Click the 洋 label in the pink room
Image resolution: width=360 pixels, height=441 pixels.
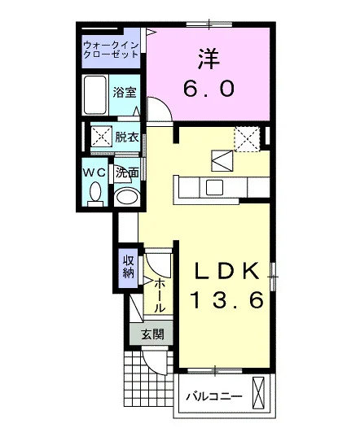pos(209,59)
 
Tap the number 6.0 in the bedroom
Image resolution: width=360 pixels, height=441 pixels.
pos(209,88)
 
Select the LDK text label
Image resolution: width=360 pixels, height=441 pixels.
pos(227,271)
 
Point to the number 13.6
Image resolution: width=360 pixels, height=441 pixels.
pos(227,299)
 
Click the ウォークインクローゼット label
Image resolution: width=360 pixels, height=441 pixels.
pos(112,50)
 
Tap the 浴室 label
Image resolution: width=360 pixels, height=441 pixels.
pos(125,92)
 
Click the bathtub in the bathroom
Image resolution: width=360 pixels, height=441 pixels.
pos(94,94)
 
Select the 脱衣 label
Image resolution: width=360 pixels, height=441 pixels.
pos(127,137)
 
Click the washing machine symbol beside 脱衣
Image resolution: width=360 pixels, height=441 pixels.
pos(101,137)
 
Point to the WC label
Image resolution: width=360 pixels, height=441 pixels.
pos(94,172)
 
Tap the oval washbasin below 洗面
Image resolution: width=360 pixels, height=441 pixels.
pos(127,197)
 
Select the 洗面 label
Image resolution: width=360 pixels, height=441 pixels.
pos(128,173)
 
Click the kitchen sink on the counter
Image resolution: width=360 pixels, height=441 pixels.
pos(214,187)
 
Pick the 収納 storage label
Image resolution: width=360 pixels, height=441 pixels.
pos(128,267)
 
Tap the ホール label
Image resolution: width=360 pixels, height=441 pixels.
pos(160,295)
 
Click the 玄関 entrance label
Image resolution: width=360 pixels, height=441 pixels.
pos(152,334)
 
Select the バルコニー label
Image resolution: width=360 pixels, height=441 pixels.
pos(214,397)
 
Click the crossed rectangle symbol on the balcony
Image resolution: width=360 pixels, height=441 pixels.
pos(259,392)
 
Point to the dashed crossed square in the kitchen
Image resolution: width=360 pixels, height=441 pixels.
pos(247,139)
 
